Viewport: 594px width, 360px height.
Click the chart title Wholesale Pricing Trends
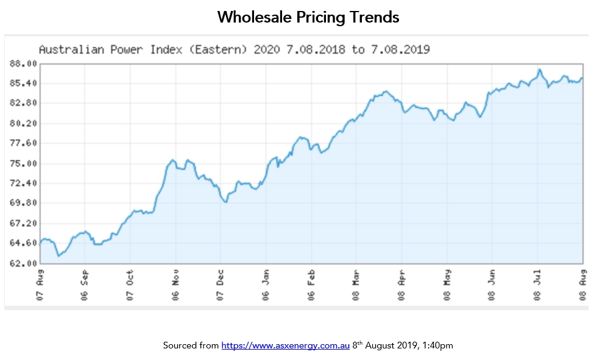(308, 17)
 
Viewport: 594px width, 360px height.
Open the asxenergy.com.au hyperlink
(285, 345)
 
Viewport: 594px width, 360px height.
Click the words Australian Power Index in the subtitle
(110, 49)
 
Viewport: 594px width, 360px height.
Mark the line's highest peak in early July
(539, 69)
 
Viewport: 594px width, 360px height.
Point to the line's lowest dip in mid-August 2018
(58, 256)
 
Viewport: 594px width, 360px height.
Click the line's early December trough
(225, 202)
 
